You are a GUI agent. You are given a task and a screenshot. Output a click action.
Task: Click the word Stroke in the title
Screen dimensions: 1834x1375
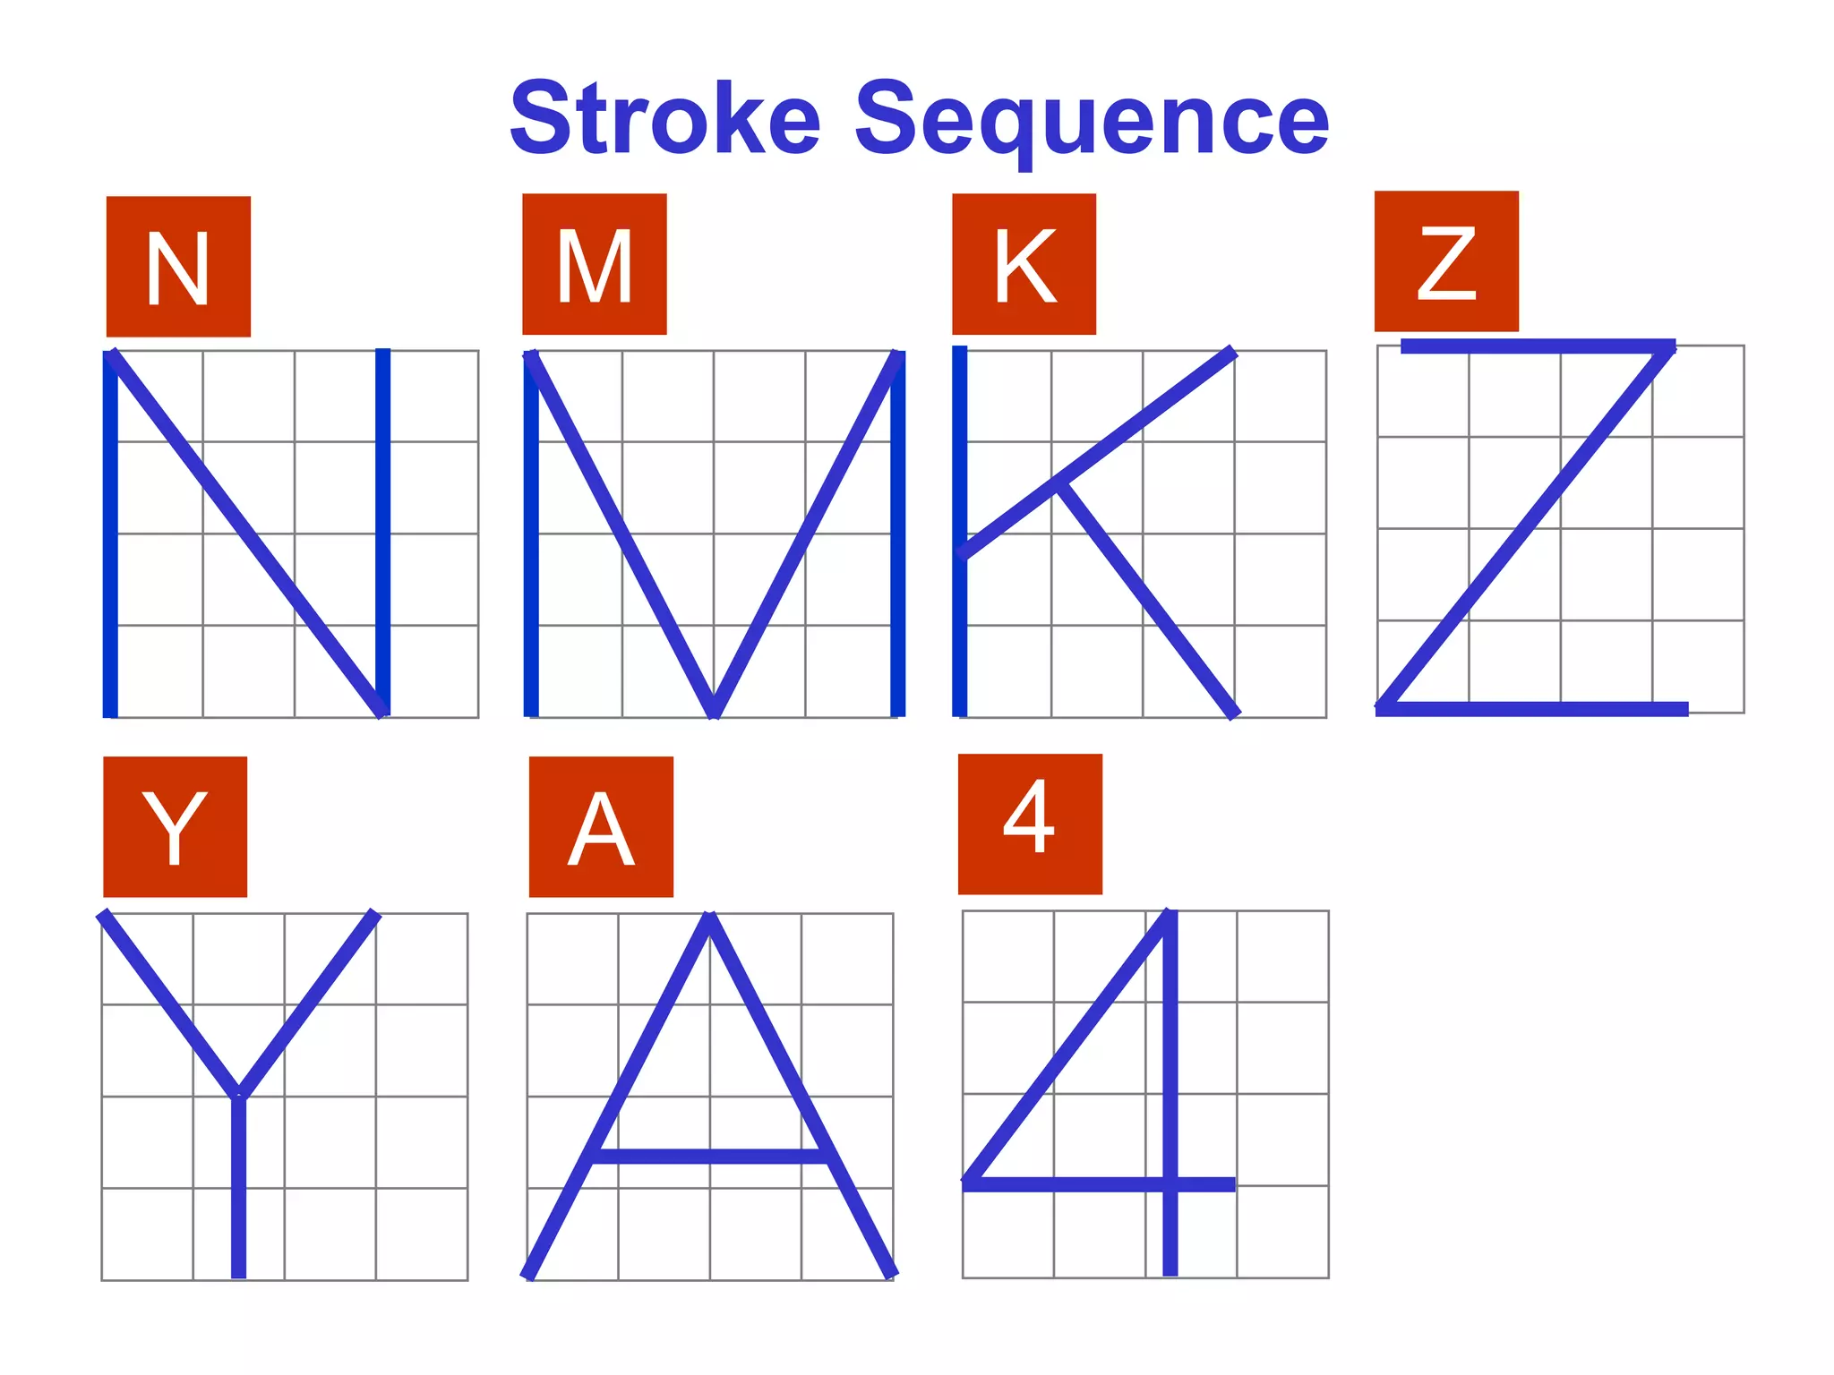[x=664, y=119]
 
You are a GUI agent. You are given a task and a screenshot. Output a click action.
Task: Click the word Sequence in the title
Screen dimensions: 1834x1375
[x=1092, y=121]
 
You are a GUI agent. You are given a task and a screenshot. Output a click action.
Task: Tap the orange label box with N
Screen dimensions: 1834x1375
[x=178, y=267]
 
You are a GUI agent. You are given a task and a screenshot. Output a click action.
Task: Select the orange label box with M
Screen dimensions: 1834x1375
[x=595, y=264]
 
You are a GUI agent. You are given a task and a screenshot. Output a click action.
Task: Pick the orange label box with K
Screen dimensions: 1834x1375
[x=1024, y=264]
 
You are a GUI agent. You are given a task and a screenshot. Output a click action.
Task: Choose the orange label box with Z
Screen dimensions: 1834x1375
[x=1446, y=261]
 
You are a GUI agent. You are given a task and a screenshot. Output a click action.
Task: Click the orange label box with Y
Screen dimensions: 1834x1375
[x=176, y=826]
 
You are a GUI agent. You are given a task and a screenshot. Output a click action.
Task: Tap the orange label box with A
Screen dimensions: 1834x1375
[x=601, y=826]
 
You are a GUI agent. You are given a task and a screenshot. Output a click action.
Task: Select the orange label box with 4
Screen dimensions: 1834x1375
[x=1030, y=824]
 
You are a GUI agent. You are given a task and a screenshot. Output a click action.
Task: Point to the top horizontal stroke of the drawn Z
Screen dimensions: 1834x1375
[x=1537, y=346]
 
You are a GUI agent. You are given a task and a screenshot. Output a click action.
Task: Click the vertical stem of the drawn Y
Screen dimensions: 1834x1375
[x=238, y=1191]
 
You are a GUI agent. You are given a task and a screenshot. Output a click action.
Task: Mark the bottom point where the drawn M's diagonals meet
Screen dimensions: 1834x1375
[x=714, y=712]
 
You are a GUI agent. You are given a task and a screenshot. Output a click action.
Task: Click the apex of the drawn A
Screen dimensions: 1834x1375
[x=709, y=918]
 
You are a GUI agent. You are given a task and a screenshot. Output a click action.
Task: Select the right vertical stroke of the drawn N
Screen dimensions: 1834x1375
[x=382, y=528]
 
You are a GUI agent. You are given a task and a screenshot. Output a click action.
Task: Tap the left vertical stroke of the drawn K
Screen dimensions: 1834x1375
[x=960, y=627]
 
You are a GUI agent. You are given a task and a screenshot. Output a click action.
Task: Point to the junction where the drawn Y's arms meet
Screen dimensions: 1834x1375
[x=238, y=1094]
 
